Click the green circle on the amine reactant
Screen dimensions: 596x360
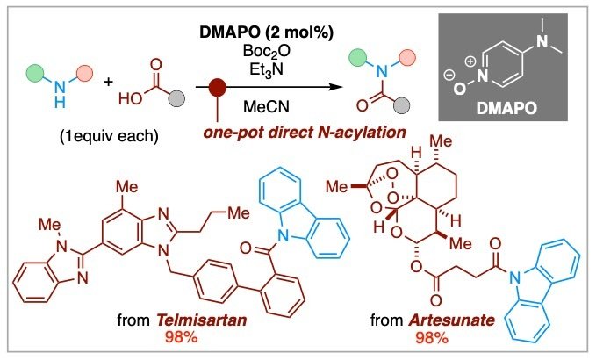[34, 74]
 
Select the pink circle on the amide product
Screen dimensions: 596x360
[407, 58]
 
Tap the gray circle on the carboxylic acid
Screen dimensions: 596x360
[176, 98]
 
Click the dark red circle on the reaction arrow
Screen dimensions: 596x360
[218, 87]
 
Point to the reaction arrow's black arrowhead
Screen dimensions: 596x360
[335, 87]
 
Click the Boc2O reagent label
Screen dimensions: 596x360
[267, 51]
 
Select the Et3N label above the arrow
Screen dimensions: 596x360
[267, 70]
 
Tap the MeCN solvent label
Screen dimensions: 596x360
[266, 107]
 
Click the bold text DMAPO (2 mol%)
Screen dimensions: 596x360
[267, 32]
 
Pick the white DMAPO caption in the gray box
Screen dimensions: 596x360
[506, 108]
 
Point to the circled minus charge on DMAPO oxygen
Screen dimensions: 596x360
[449, 76]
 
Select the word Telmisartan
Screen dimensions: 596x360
[202, 320]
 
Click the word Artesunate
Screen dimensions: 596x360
[451, 320]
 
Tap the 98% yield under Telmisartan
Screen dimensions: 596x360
[182, 337]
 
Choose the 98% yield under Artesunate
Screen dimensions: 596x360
[432, 337]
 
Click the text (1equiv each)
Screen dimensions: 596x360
[109, 136]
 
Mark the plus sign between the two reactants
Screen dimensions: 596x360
[108, 82]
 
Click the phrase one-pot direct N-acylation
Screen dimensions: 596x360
[305, 133]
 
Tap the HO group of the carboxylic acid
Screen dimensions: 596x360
[131, 99]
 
